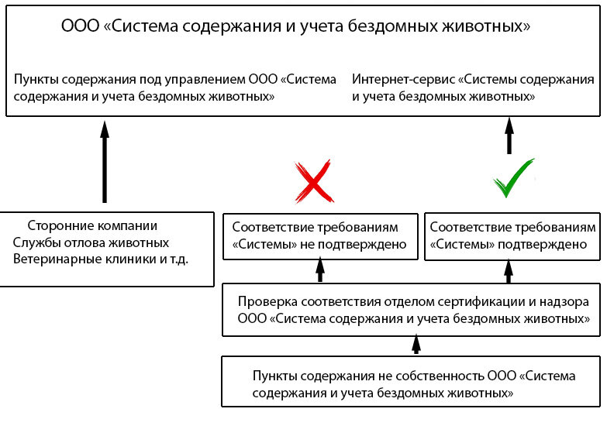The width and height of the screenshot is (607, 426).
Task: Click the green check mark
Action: click(513, 179)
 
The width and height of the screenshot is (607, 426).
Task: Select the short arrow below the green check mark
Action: click(509, 136)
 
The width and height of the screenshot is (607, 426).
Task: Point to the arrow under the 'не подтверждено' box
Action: click(319, 270)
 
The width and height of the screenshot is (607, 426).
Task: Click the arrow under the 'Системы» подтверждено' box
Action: click(509, 270)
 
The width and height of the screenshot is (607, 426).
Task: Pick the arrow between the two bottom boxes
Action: click(416, 344)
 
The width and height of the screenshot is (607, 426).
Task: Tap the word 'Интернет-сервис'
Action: click(403, 80)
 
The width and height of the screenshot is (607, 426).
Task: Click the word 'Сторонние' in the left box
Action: click(57, 226)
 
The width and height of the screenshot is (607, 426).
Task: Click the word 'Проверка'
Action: click(264, 302)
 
